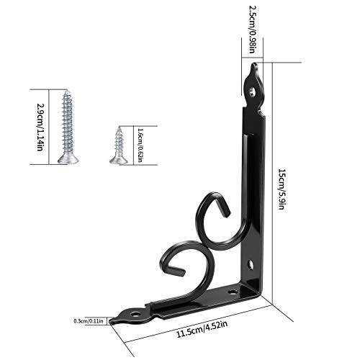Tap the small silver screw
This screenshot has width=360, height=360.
[x=118, y=145]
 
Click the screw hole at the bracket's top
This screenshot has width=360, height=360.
[x=251, y=91]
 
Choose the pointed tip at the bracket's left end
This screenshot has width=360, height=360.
[x=117, y=317]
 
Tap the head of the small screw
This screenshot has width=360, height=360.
[x=118, y=159]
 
